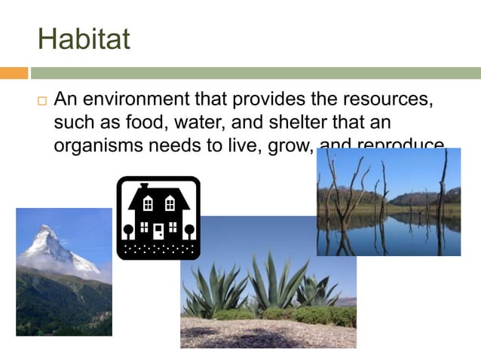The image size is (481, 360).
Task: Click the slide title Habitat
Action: pyautogui.click(x=84, y=38)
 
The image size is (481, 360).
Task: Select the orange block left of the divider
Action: pyautogui.click(x=14, y=73)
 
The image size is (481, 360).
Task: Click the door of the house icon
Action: pyautogui.click(x=158, y=230)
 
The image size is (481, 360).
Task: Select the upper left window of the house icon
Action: pyautogui.click(x=148, y=203)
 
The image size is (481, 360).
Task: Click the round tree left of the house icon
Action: pyautogui.click(x=128, y=229)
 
